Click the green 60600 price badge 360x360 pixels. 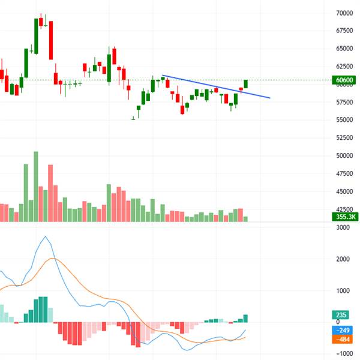344,80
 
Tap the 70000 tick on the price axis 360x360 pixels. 344,13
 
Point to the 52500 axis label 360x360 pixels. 344,137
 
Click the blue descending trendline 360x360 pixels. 216,86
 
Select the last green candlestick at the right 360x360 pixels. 246,84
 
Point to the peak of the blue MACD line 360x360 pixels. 46,237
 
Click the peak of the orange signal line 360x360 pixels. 53,259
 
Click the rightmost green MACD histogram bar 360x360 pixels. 245,319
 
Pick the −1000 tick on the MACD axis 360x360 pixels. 341,354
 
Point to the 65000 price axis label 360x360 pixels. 344,48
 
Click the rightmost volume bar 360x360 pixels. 245,219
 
